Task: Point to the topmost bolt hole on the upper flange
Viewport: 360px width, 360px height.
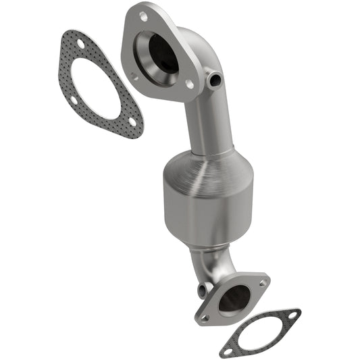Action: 145,15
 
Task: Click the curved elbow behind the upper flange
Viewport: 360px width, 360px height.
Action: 203,51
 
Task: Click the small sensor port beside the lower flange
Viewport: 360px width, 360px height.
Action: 202,291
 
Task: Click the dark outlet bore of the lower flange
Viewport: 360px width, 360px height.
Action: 233,298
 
